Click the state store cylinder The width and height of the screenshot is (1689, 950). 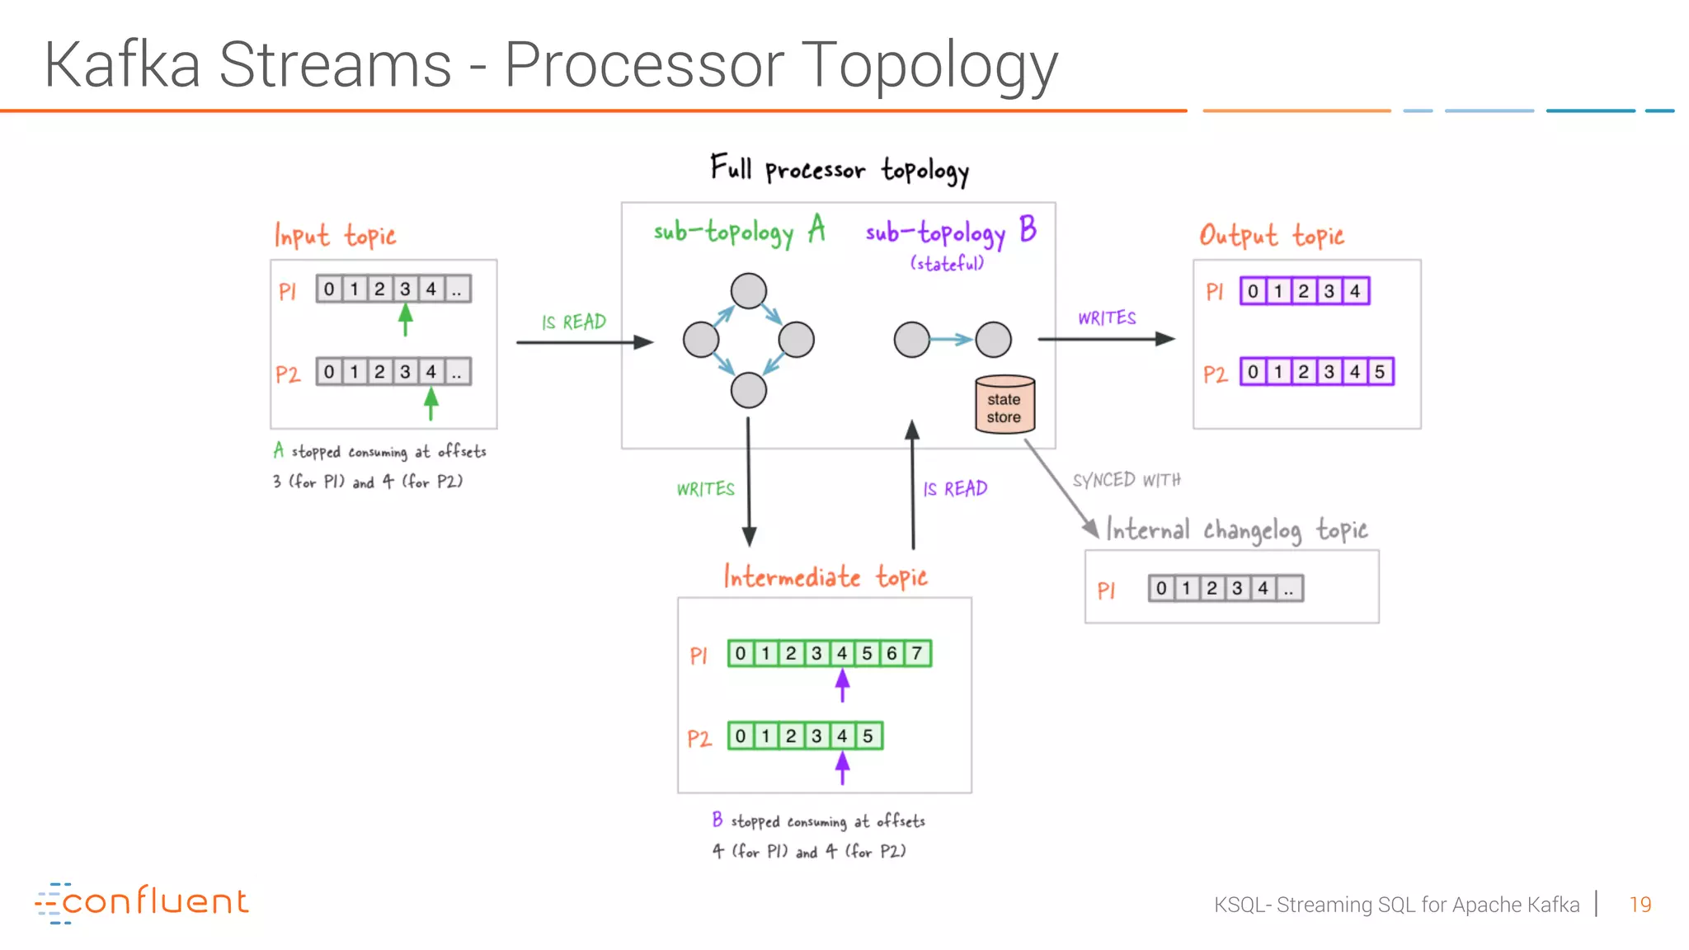tap(1004, 405)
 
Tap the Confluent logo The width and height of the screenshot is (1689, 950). tap(142, 902)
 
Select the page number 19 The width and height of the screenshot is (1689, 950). tap(1640, 905)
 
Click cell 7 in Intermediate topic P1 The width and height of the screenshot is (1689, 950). tap(917, 654)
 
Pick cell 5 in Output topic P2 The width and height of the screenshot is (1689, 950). tap(1380, 372)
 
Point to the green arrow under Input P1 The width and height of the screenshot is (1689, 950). tap(405, 319)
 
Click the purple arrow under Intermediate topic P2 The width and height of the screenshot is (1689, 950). tap(842, 769)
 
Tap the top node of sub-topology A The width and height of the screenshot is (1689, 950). tap(748, 291)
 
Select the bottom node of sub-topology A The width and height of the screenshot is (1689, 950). tap(748, 390)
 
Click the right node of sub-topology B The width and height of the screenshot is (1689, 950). tap(993, 340)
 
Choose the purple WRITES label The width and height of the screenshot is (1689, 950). tap(1107, 318)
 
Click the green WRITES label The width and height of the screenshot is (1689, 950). tap(705, 489)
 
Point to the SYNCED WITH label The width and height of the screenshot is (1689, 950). tap(1127, 480)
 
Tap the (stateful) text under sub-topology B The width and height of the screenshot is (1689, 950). tap(947, 264)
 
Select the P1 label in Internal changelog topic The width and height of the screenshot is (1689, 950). tap(1106, 590)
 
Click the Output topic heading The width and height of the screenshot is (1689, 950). tap(1271, 236)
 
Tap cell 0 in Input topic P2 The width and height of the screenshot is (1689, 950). tap(329, 372)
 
